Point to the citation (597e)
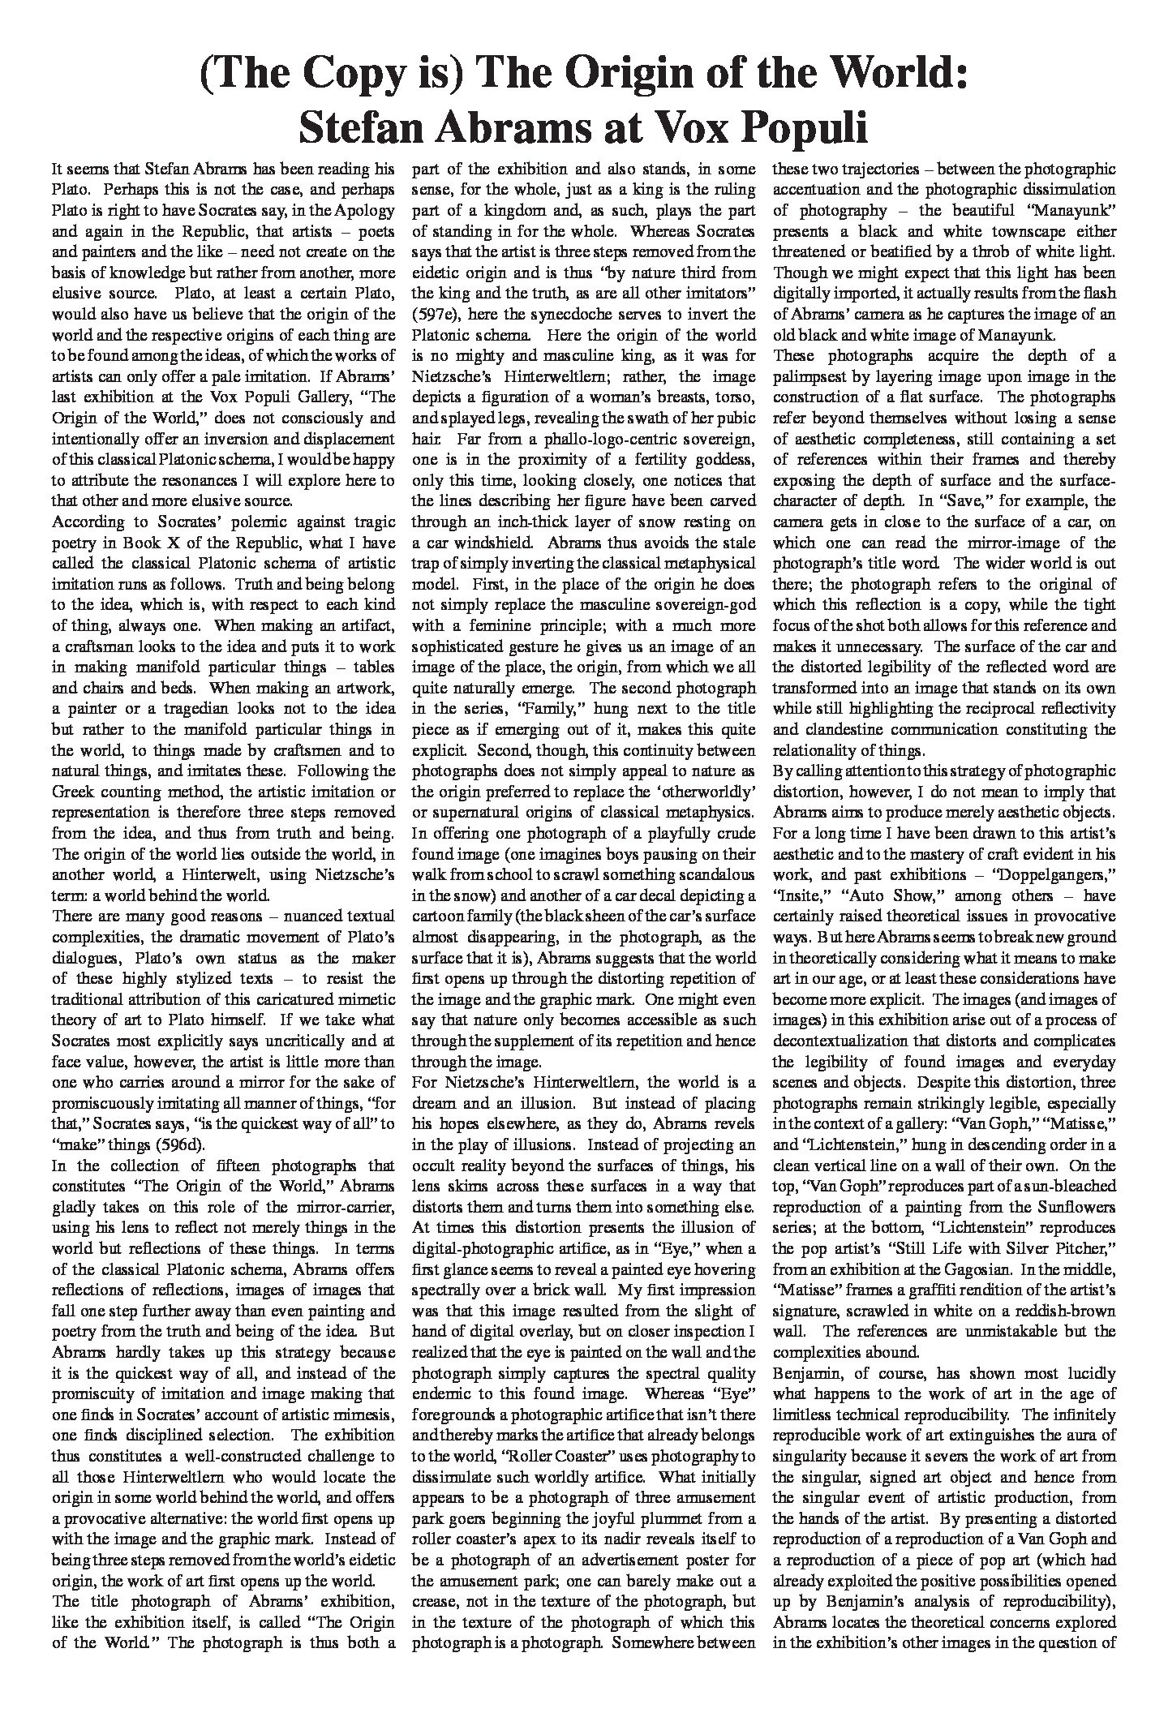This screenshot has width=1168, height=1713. click(x=440, y=314)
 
